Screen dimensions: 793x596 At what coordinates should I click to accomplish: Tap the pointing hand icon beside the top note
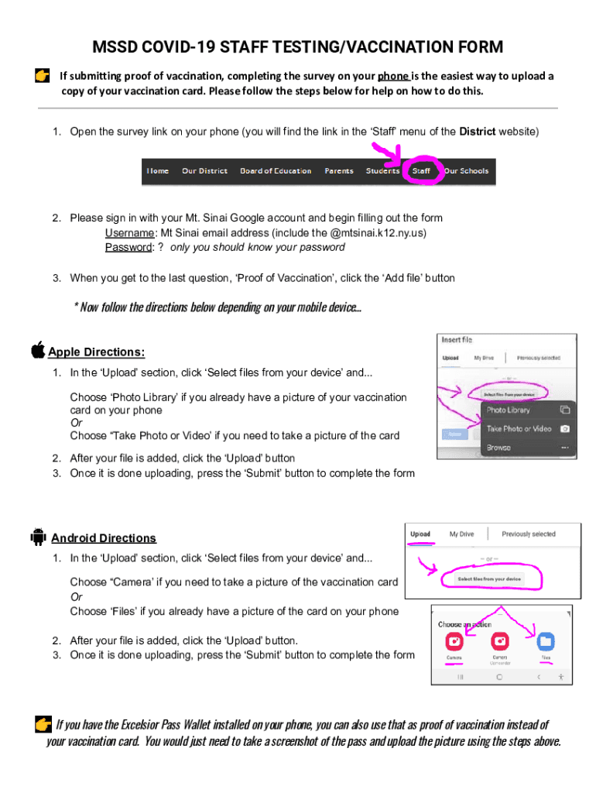[x=43, y=76]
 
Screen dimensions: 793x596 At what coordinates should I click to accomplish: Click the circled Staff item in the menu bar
[x=421, y=171]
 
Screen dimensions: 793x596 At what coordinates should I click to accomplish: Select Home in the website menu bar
[x=158, y=171]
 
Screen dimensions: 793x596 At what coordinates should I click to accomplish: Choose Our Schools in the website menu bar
[x=466, y=171]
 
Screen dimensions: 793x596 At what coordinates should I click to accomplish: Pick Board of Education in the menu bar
[x=276, y=171]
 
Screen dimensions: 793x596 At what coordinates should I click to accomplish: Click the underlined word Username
[x=129, y=232]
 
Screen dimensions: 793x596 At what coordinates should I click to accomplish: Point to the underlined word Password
[x=128, y=247]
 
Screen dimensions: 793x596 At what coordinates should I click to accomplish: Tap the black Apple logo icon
[x=38, y=350]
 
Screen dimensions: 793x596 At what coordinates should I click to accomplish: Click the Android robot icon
[x=38, y=536]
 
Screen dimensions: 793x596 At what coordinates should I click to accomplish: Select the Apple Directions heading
[x=97, y=352]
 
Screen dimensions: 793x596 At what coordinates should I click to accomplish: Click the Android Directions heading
[x=104, y=538]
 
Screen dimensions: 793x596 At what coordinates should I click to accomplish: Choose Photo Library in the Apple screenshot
[x=508, y=410]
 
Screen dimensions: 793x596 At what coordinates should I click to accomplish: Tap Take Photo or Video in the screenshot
[x=519, y=428]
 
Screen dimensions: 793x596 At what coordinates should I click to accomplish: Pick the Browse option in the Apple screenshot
[x=498, y=448]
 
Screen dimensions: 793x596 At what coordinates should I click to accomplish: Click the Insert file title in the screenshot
[x=457, y=340]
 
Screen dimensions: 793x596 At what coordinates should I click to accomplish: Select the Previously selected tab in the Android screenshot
[x=528, y=534]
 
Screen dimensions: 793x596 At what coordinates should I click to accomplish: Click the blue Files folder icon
[x=546, y=641]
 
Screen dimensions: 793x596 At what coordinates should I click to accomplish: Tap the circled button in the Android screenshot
[x=489, y=579]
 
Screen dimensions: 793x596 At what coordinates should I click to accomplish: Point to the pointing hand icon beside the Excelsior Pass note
[x=43, y=725]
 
